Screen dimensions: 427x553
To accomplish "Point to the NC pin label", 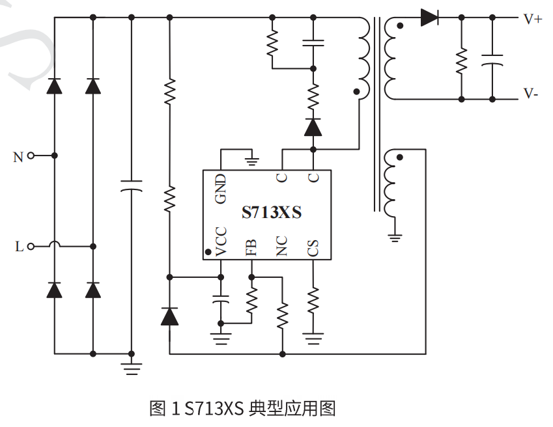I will coord(282,247).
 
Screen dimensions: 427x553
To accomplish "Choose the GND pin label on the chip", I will coord(221,188).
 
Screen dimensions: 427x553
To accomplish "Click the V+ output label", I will coord(532,19).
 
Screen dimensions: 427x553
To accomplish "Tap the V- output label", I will coord(531,94).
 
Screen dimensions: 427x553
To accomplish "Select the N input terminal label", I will coord(18,157).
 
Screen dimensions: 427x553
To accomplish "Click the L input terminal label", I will coord(19,247).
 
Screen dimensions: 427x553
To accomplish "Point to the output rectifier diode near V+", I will coord(429,18).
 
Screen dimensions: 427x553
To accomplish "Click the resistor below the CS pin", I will coord(313,300).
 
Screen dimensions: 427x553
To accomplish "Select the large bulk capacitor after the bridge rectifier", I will coord(132,186).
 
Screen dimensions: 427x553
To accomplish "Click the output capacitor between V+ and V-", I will coord(492,61).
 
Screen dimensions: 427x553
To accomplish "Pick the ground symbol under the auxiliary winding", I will coord(394,236).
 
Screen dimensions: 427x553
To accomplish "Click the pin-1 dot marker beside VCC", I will coord(208,252).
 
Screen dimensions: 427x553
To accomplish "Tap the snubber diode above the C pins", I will coord(313,128).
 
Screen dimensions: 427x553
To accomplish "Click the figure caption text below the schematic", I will coord(242,409).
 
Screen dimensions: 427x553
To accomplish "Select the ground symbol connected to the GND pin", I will coord(251,159).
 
